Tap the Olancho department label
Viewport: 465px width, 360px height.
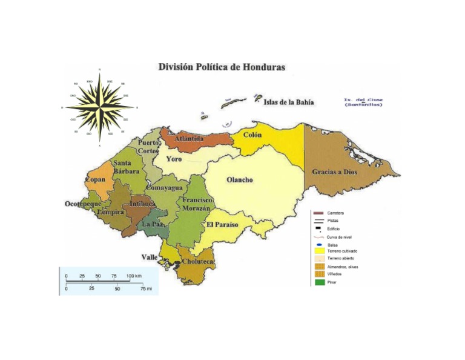click(x=239, y=180)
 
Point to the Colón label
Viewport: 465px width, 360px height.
click(x=252, y=135)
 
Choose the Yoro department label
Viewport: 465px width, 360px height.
click(x=174, y=159)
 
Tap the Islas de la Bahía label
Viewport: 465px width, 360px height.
click(x=288, y=102)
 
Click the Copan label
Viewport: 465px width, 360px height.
click(x=95, y=180)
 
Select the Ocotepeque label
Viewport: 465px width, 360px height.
click(x=84, y=204)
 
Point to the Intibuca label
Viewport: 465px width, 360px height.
click(x=143, y=204)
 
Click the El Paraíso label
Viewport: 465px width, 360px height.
click(x=222, y=225)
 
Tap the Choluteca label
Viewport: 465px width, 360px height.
click(x=197, y=262)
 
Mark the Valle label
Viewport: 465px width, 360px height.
click(x=150, y=258)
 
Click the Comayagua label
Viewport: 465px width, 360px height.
click(x=163, y=188)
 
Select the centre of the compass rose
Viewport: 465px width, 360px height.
click(x=99, y=107)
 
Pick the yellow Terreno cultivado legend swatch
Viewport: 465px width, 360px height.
click(x=318, y=250)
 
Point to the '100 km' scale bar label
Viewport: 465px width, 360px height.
click(x=134, y=276)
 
